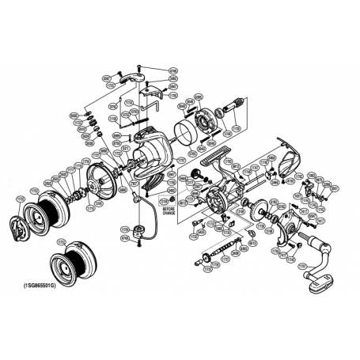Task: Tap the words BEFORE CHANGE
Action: click(x=169, y=211)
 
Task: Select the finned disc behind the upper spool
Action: click(x=99, y=182)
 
